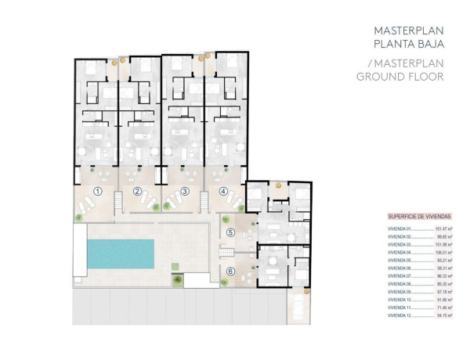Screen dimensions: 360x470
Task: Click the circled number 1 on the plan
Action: coord(98,191)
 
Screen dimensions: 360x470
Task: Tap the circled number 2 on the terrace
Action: coord(137,191)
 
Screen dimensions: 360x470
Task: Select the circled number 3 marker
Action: coord(185,191)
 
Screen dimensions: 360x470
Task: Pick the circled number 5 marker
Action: coord(230,232)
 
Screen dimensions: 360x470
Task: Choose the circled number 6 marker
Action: coord(230,272)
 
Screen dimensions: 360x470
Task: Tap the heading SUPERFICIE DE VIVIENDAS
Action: coord(418,215)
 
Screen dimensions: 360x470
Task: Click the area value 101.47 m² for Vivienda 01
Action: coord(445,229)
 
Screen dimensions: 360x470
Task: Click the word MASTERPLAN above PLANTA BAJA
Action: coord(407,31)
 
